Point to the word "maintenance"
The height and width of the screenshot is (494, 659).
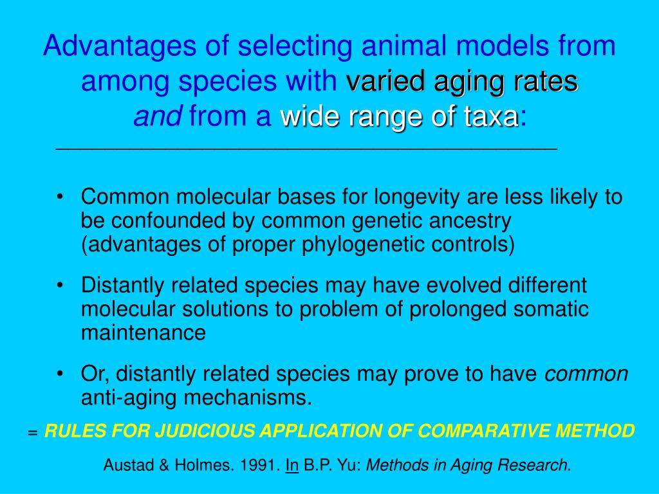pos(143,333)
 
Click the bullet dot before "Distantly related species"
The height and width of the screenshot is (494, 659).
pos(60,285)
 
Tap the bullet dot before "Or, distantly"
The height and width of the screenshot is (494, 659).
pos(60,374)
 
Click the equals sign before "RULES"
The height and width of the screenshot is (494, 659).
pos(33,432)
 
